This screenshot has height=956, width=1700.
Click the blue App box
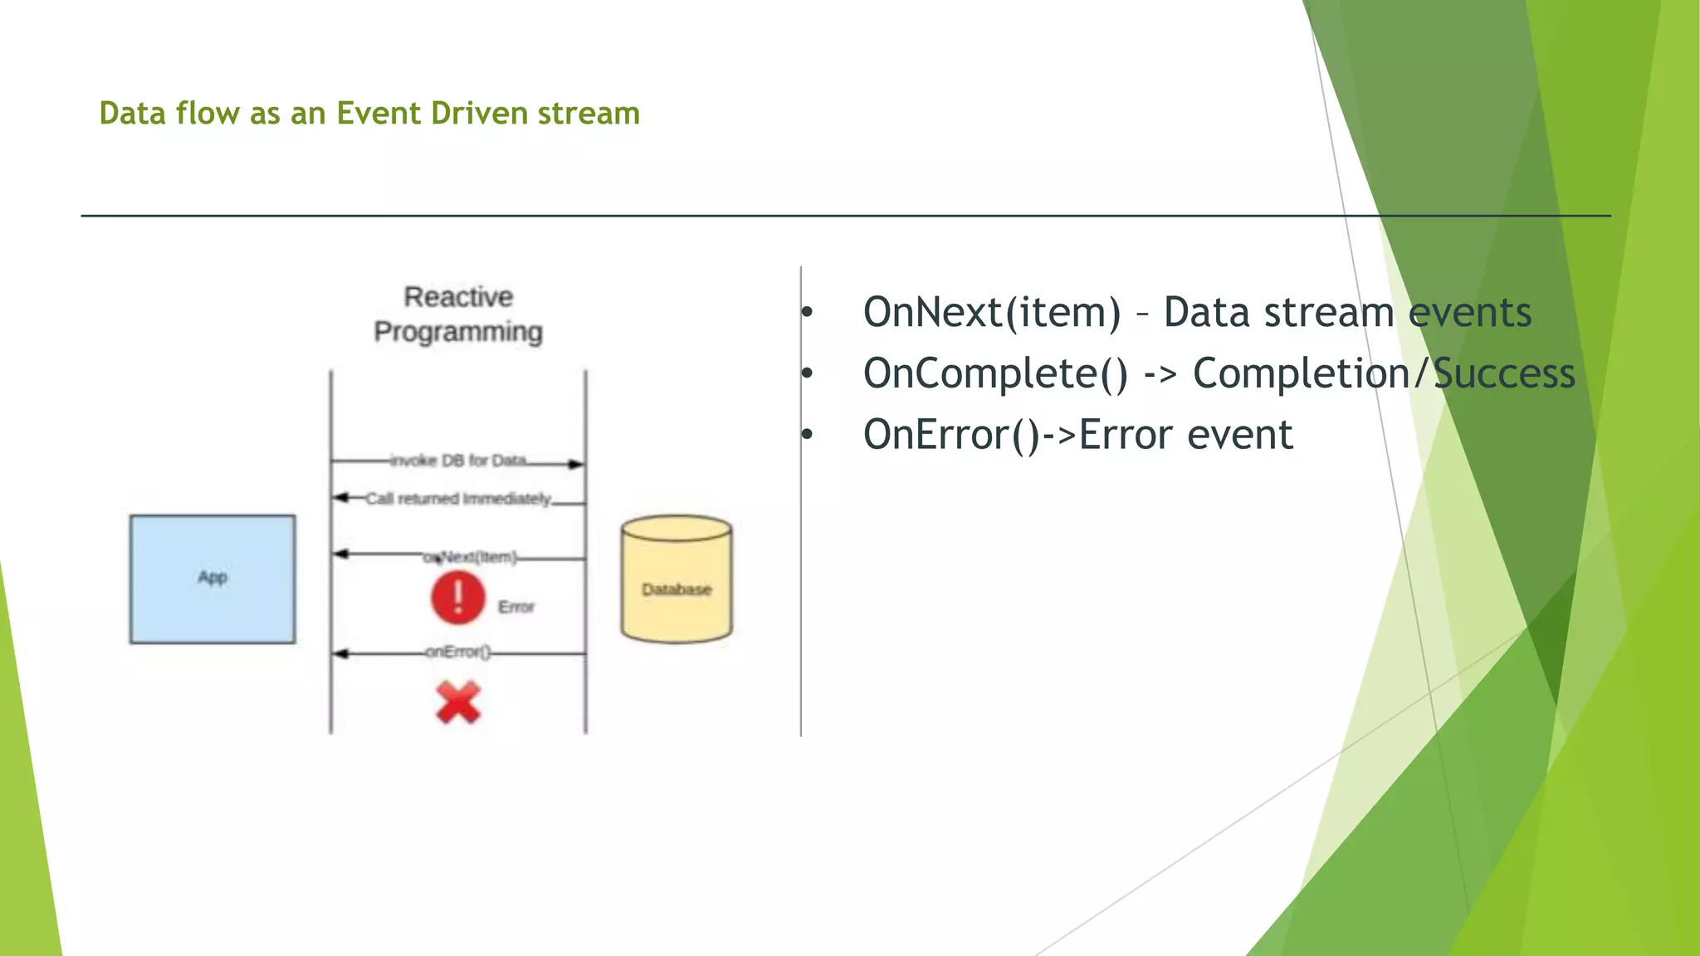pyautogui.click(x=212, y=578)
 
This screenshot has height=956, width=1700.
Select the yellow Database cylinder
pyautogui.click(x=677, y=580)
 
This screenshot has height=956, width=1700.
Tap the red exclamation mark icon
pyautogui.click(x=458, y=597)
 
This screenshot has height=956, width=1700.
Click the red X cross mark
pyautogui.click(x=458, y=703)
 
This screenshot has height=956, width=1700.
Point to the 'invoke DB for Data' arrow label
pyautogui.click(x=458, y=461)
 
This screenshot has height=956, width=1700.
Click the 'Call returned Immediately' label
pyautogui.click(x=458, y=499)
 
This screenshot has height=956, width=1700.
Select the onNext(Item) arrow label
pyautogui.click(x=471, y=557)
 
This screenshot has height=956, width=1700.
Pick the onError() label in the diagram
pyautogui.click(x=458, y=652)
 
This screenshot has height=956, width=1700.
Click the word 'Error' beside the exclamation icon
pyautogui.click(x=516, y=607)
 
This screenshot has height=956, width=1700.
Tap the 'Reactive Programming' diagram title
pyautogui.click(x=458, y=315)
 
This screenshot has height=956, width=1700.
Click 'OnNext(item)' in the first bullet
pyautogui.click(x=992, y=313)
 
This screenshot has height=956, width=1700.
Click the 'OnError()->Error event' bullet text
pyautogui.click(x=1077, y=435)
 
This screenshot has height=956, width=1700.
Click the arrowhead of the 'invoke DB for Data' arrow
pyautogui.click(x=576, y=464)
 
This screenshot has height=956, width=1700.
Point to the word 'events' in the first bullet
pyautogui.click(x=1469, y=313)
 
